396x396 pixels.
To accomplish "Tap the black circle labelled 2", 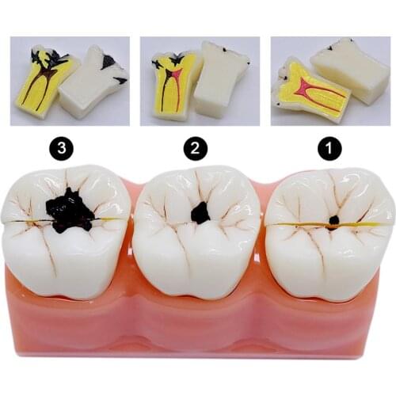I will [196, 147].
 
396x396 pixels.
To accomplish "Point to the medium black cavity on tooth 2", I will [200, 212].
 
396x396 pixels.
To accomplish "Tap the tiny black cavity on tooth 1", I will [333, 219].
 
